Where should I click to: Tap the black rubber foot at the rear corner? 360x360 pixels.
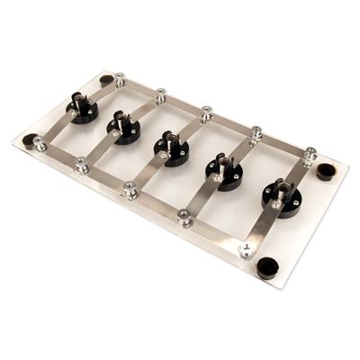(x=106, y=80)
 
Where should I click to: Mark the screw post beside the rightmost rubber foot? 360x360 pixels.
(x=310, y=155)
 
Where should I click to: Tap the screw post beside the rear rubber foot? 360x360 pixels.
(x=120, y=79)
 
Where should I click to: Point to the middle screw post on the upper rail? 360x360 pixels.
(x=206, y=113)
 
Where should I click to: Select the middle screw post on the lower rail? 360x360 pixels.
(x=130, y=190)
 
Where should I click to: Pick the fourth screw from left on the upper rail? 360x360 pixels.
(x=256, y=133)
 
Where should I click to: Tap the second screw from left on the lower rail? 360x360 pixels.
(x=82, y=165)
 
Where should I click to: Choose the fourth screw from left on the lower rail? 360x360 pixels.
(x=184, y=217)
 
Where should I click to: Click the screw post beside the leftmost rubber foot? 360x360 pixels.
(x=40, y=142)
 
